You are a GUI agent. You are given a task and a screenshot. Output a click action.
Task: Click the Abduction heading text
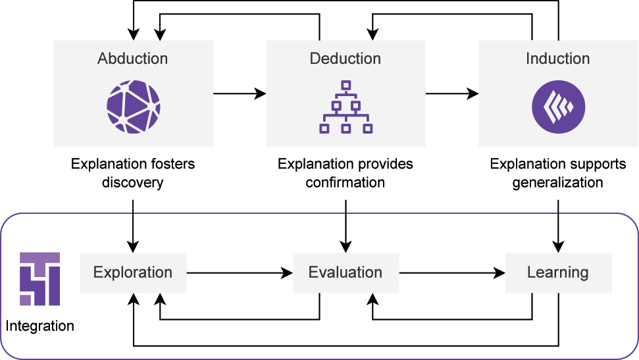coord(133,59)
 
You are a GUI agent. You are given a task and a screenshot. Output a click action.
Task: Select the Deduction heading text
coord(345,59)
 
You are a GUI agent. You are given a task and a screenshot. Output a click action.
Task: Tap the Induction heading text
coord(557,59)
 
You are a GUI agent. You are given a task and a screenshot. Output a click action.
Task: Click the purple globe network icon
coord(134,107)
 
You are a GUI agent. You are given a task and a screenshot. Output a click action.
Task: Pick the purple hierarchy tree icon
coord(345,107)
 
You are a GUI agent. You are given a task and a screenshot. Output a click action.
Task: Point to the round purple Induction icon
coord(558,107)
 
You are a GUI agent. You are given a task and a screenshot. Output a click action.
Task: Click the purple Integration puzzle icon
coord(39,278)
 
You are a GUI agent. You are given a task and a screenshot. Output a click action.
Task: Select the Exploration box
coord(133,272)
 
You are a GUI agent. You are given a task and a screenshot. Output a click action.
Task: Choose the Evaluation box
coord(345,272)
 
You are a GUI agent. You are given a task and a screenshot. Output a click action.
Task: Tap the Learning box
coord(558,272)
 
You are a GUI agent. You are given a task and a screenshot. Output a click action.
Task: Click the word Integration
coord(40,326)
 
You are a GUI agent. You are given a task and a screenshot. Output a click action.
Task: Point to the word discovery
coord(133,182)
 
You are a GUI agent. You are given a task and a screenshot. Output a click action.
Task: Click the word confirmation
coord(345,182)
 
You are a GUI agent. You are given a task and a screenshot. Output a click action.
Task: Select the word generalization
coord(558,182)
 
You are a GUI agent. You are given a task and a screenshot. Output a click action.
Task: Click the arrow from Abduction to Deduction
coord(240,94)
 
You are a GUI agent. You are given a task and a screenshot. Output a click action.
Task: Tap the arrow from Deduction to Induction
coord(452,94)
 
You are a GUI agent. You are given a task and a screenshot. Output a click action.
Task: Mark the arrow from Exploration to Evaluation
coord(240,272)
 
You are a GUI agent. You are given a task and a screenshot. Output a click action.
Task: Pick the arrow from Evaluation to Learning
coord(452,272)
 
